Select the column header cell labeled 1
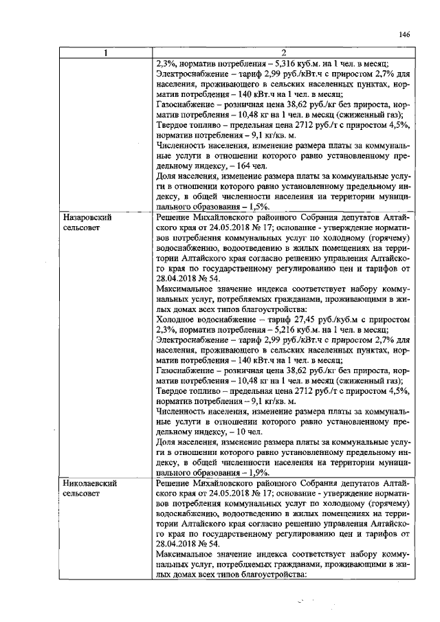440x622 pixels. [105, 54]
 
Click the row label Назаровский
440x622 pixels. [87, 216]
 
